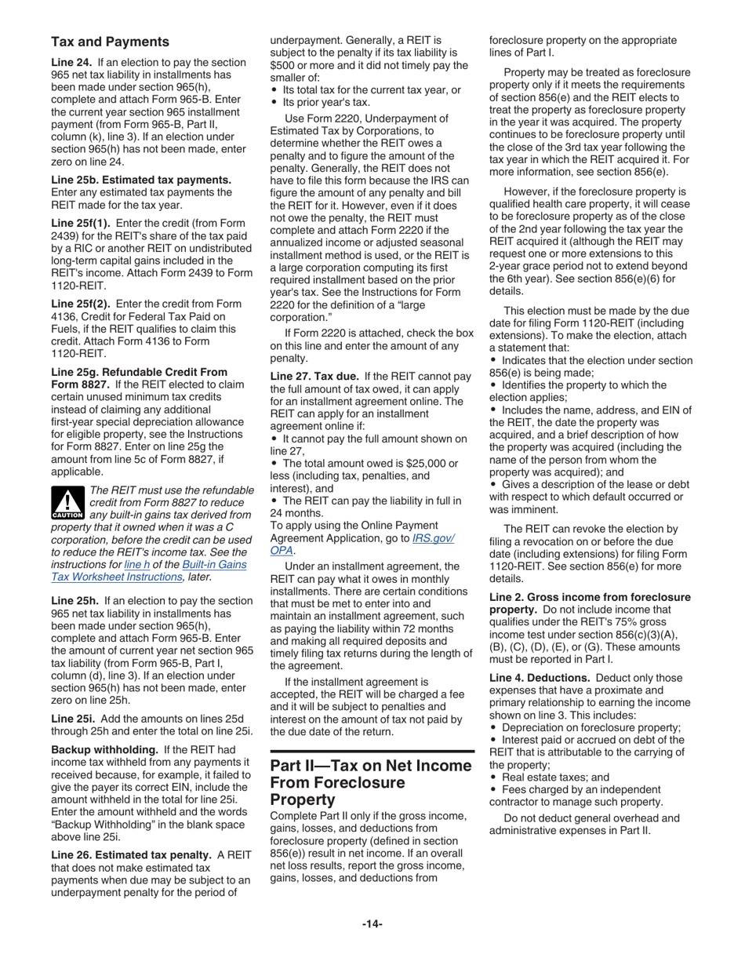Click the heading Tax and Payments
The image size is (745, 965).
pyautogui.click(x=110, y=42)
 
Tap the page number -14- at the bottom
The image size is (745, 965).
pyautogui.click(x=372, y=924)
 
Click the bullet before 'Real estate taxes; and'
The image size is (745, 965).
pyautogui.click(x=494, y=776)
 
